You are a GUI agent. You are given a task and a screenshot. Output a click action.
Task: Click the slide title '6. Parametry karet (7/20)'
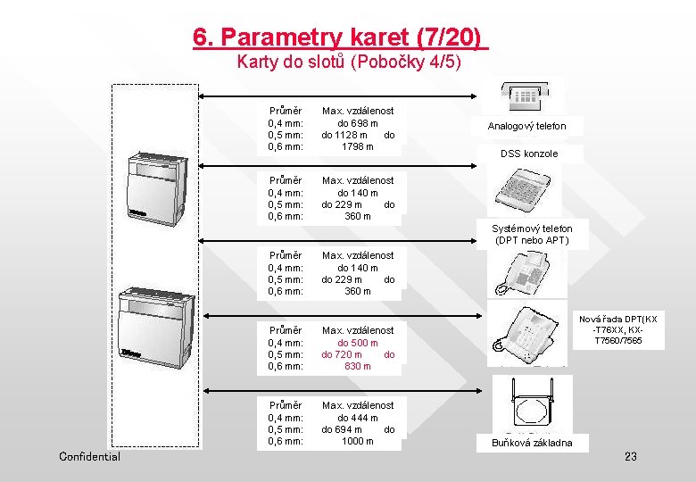pyautogui.click(x=340, y=37)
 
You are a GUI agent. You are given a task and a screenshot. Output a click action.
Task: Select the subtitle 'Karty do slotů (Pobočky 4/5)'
pyautogui.click(x=349, y=62)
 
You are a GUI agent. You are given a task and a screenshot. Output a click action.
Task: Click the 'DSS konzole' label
pyautogui.click(x=529, y=154)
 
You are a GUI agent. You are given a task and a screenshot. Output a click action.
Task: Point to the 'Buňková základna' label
pyautogui.click(x=533, y=443)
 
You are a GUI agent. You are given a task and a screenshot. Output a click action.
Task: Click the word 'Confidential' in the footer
pyautogui.click(x=89, y=457)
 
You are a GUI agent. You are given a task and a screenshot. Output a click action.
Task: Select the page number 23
pyautogui.click(x=631, y=457)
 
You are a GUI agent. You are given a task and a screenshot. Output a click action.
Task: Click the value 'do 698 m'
pyautogui.click(x=358, y=123)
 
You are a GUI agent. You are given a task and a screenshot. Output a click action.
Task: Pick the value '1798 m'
pyautogui.click(x=358, y=146)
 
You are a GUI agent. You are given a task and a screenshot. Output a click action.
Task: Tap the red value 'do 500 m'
pyautogui.click(x=358, y=343)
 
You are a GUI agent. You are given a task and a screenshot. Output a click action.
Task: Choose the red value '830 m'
pyautogui.click(x=358, y=366)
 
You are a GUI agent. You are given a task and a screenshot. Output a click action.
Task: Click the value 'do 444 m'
pyautogui.click(x=358, y=418)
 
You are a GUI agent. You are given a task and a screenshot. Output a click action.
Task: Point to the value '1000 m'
pyautogui.click(x=358, y=441)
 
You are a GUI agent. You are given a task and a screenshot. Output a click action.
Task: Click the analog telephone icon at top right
pyautogui.click(x=532, y=93)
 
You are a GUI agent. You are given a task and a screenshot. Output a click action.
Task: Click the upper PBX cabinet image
pyautogui.click(x=159, y=187)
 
